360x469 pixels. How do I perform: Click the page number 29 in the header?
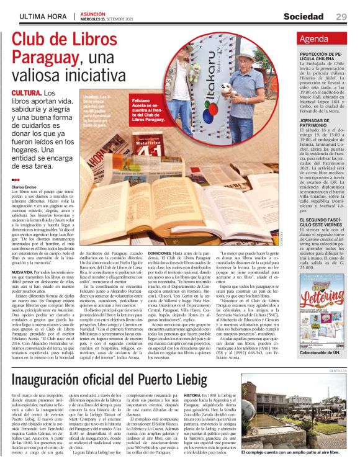(x=341, y=16)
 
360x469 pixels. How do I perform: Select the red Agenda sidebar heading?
(x=313, y=39)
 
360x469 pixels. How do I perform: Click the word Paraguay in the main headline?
(x=43, y=58)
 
